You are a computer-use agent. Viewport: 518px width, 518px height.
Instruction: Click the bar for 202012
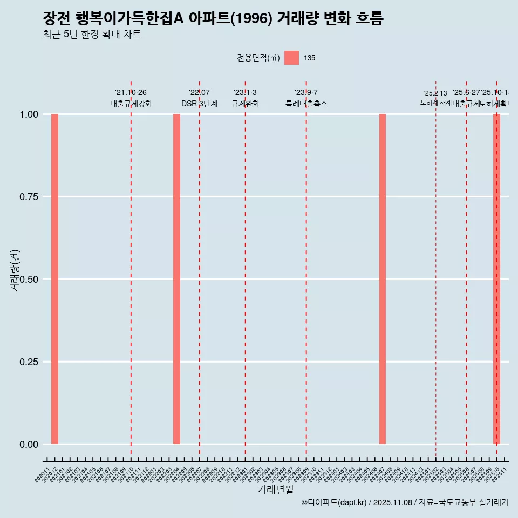pos(54,279)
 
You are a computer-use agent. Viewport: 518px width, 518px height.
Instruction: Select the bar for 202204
pos(176,279)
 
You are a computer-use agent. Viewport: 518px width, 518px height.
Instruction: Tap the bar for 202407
pos(383,279)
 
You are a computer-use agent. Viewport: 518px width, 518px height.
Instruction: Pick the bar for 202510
pos(496,279)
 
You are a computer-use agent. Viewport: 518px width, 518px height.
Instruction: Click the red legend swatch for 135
pos(291,58)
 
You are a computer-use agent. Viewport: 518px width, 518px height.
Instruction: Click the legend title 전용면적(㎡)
pos(258,58)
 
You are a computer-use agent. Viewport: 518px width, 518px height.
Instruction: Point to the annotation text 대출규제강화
pos(131,104)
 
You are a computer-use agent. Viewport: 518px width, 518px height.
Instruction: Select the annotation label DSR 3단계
pos(199,104)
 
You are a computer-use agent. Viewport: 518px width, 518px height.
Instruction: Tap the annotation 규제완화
pos(246,104)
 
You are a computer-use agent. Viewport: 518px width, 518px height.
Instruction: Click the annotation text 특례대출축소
pos(306,104)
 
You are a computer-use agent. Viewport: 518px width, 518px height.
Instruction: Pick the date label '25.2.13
pos(435,93)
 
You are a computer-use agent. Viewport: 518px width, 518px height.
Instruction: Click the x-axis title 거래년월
pos(276,489)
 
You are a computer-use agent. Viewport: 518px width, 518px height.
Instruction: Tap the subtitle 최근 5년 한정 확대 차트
pos(92,35)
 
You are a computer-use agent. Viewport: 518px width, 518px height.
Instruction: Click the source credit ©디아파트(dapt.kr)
pos(334,502)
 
